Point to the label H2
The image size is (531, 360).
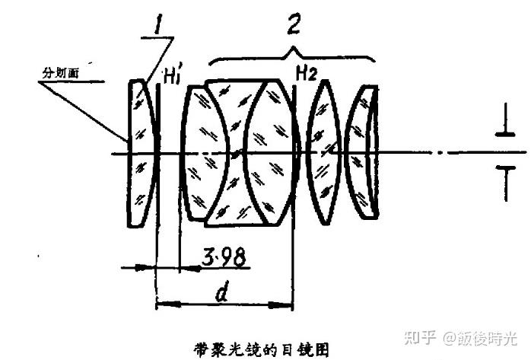pos(307,73)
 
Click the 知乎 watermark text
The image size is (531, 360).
pos(421,336)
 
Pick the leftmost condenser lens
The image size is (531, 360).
pos(141,152)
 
